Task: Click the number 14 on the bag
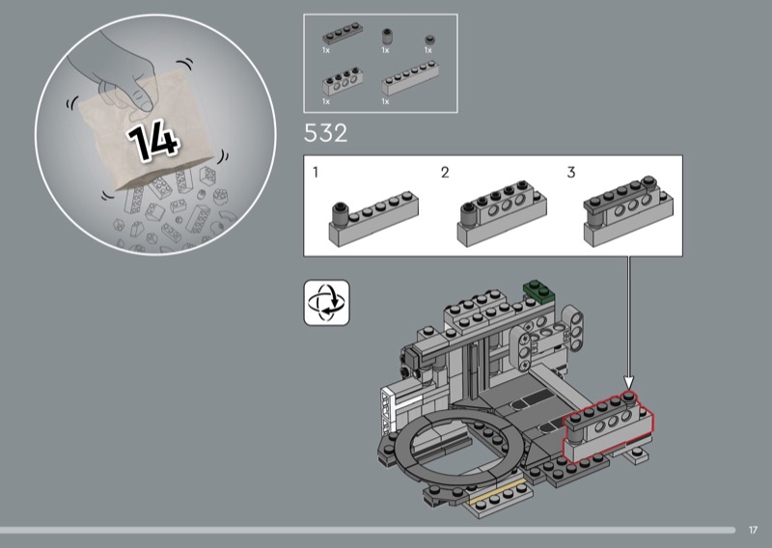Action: click(x=153, y=141)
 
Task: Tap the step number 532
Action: click(x=325, y=133)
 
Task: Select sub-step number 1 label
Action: click(x=316, y=173)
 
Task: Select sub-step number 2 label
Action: click(x=445, y=173)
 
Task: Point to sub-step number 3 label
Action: click(x=571, y=173)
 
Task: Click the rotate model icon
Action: click(x=326, y=303)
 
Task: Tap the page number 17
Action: click(x=753, y=530)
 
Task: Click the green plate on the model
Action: click(x=538, y=290)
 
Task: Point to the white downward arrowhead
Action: click(x=629, y=382)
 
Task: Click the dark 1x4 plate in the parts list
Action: click(x=343, y=34)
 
